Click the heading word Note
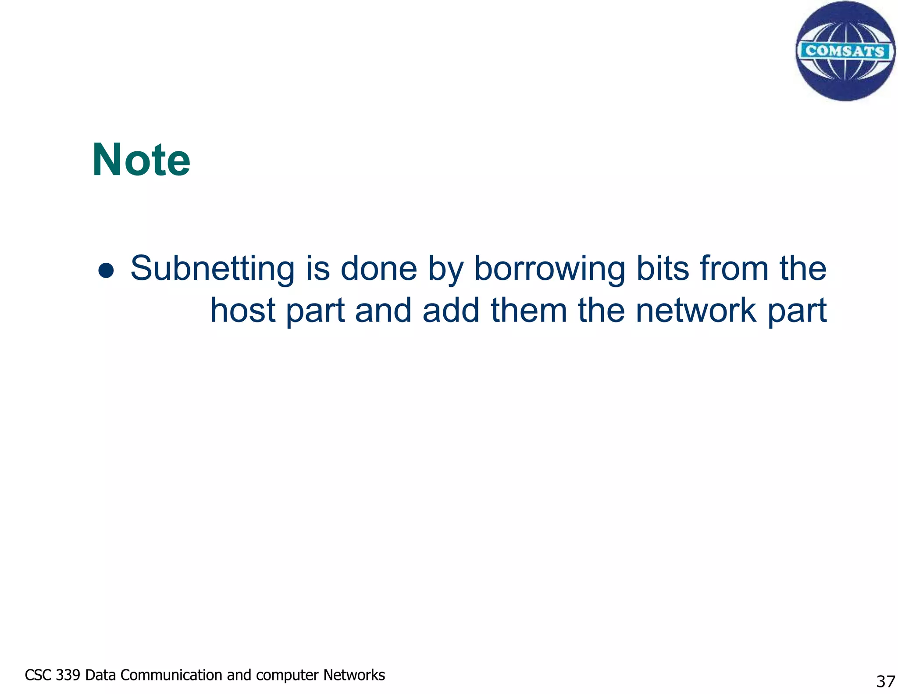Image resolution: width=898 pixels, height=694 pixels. coord(141,160)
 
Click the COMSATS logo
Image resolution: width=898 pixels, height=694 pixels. coord(845,51)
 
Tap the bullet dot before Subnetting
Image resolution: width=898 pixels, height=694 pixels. coord(106,270)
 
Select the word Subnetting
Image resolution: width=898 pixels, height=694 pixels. coord(212,268)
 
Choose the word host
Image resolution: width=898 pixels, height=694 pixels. coord(243,310)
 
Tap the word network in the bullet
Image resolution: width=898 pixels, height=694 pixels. coord(696,310)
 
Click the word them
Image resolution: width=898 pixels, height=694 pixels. coord(529,310)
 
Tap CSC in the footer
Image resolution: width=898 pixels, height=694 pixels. coord(39,675)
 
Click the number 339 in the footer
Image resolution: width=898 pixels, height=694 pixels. coord(68,675)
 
